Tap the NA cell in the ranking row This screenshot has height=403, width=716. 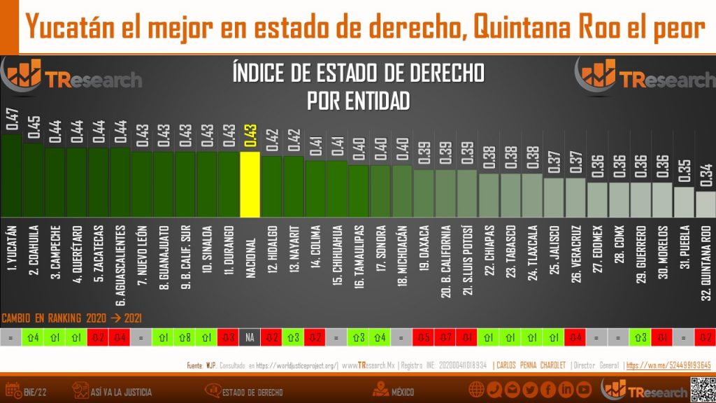click(250, 337)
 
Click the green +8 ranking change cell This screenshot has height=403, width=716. click(185, 337)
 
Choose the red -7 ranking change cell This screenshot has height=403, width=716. click(445, 337)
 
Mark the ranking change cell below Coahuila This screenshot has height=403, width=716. click(33, 337)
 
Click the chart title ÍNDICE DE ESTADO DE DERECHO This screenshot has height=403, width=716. click(357, 73)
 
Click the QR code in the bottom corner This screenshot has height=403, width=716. click(701, 389)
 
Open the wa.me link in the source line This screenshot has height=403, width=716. click(668, 365)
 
